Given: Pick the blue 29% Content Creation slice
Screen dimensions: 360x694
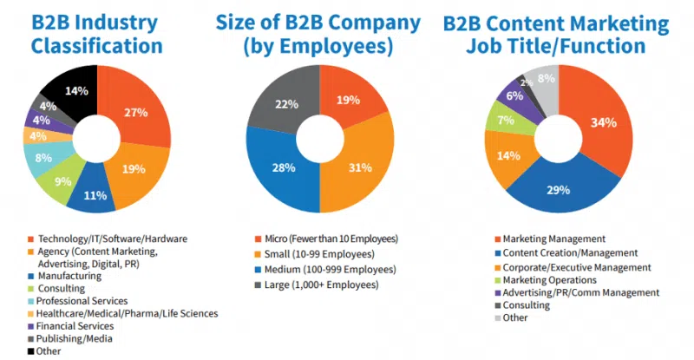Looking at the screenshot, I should point(558,189).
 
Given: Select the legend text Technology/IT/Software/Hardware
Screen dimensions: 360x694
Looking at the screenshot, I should point(108,238).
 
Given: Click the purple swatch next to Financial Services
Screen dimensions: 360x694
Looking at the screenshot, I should point(31,326).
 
